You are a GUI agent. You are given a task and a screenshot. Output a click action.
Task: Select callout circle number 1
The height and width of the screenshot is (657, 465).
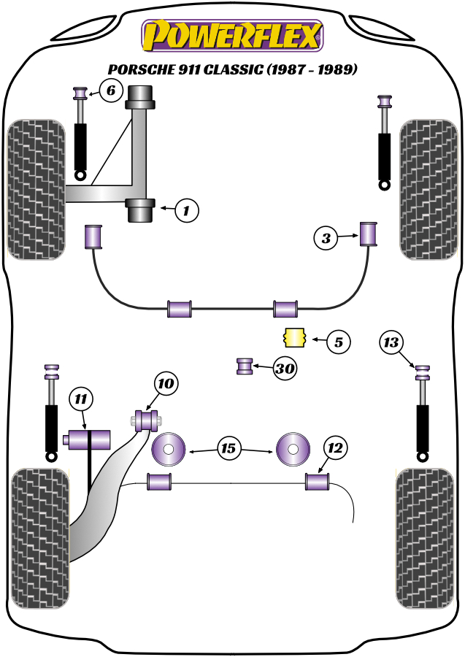pos(186,211)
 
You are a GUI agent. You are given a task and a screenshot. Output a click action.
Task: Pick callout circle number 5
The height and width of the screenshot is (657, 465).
pos(338,340)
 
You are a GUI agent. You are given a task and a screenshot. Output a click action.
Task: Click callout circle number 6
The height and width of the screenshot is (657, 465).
pos(110,91)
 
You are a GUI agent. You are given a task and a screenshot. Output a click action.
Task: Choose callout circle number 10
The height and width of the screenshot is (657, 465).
pos(166,383)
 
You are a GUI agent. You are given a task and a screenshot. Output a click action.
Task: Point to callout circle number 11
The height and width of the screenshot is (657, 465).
pos(81,399)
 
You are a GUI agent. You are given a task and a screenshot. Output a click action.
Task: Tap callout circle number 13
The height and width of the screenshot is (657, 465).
pos(392,342)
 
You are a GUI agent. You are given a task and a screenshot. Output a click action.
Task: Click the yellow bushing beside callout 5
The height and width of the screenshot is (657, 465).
pos(293,339)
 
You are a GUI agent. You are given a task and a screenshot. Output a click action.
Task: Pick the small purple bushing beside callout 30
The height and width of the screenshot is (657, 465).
pos(245,365)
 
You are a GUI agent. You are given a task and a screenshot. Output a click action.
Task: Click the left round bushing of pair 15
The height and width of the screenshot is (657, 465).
pos(169,450)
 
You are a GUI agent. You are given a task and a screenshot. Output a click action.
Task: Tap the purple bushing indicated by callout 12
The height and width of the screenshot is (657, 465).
pos(317,482)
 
